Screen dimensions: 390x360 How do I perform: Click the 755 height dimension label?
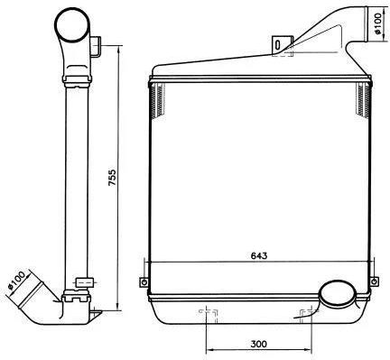pyautogui.click(x=112, y=178)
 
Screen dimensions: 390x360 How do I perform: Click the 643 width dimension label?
pyautogui.click(x=259, y=255)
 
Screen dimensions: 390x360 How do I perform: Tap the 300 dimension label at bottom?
pyautogui.click(x=258, y=344)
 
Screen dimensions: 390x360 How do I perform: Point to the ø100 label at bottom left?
pyautogui.click(x=16, y=280)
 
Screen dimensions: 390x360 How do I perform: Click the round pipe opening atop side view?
pyautogui.click(x=72, y=24)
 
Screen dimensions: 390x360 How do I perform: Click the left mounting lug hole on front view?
pyautogui.click(x=144, y=282)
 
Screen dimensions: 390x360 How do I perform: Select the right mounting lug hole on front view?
pyautogui.click(x=374, y=282)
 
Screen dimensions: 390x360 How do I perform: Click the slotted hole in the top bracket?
pyautogui.click(x=278, y=45)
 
